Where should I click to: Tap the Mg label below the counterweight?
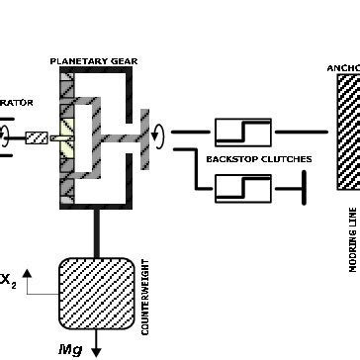coord(71,349)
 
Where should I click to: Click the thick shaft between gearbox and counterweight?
coord(97,232)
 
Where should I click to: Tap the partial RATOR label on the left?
coord(17,101)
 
